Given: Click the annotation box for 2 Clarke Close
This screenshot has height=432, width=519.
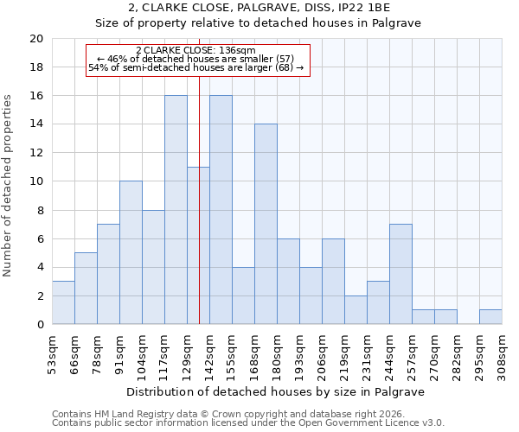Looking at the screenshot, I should [x=196, y=59].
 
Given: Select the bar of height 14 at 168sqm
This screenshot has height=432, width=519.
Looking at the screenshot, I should [x=266, y=225].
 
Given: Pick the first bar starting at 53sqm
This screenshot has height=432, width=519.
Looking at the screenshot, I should [x=63, y=302].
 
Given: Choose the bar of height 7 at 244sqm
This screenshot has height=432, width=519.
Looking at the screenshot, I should [x=400, y=274].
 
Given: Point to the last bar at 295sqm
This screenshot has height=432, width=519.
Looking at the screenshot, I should [x=490, y=317].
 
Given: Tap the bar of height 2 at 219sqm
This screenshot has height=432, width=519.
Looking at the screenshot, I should [x=356, y=310].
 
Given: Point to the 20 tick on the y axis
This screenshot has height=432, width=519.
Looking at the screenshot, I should [x=36, y=39].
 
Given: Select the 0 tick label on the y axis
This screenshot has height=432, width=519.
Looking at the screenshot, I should [x=40, y=325].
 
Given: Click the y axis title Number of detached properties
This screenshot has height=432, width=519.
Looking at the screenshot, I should [x=9, y=181].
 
